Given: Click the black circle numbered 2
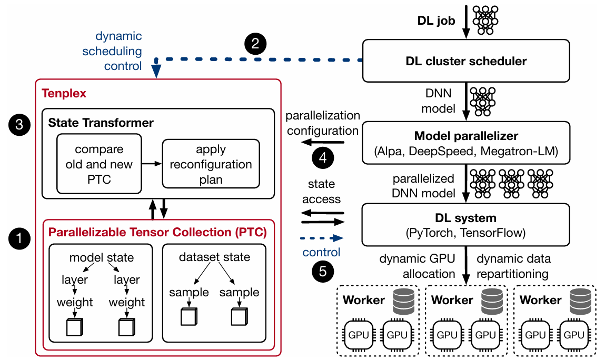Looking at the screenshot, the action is coord(255,44).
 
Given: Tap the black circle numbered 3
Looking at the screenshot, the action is coord(19,125).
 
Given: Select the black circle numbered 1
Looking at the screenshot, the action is coord(19,238).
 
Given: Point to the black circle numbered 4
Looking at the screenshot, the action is coord(323,157).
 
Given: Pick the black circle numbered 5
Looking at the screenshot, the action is coord(323,271).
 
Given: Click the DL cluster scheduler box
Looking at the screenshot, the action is coord(466,61).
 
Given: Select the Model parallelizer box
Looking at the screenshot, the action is coord(466,143).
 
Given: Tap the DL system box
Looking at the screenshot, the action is coord(465,225).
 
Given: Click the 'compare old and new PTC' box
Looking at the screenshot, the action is coord(99,164).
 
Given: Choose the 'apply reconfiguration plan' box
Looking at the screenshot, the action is coord(211,164).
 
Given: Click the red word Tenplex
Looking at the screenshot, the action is coord(64,93).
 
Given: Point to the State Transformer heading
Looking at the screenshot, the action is coord(101,123).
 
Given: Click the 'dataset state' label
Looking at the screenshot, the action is coord(214,257).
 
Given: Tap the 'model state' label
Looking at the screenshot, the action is coord(102,257).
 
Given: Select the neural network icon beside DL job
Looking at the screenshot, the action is coord(485,20).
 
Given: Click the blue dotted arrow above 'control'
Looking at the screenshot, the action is coord(322,238).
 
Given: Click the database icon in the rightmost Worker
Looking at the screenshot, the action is coord(580,302).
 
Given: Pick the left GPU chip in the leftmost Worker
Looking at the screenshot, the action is coord(359,335).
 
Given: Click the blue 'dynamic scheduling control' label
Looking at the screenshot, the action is coord(112,51).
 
